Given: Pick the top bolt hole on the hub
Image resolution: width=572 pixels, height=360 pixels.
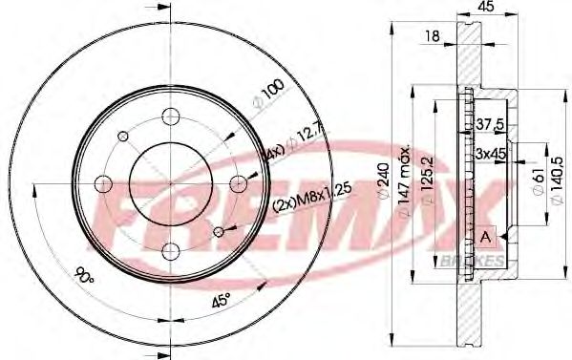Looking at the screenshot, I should tap(171, 117).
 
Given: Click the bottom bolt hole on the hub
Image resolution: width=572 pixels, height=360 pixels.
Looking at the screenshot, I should tap(171, 250).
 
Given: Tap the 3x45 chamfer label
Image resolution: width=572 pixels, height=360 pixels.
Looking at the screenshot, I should tap(490, 153).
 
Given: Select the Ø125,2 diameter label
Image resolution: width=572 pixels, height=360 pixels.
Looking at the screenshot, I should tap(435, 181).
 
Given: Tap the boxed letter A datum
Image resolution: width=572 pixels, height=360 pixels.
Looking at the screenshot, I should tap(486, 236).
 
